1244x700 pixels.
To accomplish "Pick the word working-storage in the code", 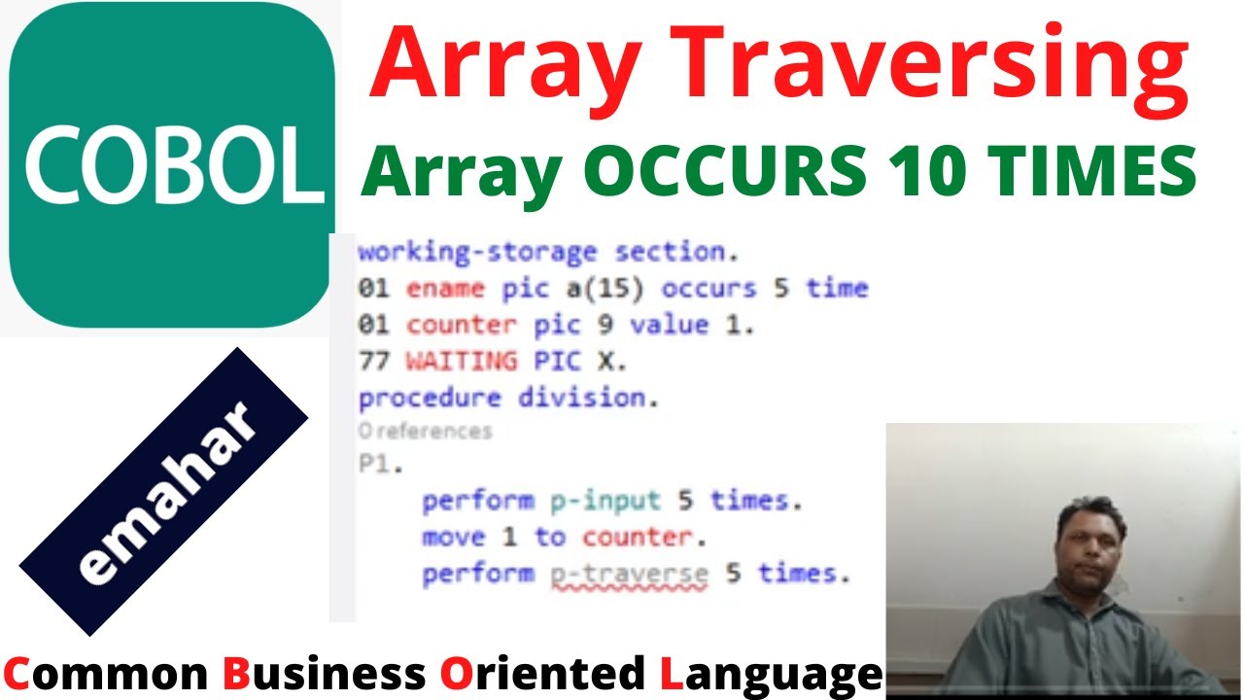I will click(476, 253).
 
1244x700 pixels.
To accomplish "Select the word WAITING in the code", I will click(462, 362).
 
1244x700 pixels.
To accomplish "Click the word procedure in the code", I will click(429, 398).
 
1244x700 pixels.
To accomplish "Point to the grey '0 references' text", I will click(425, 431).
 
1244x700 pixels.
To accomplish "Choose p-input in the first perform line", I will click(605, 501).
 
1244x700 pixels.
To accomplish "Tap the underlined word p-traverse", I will click(629, 574).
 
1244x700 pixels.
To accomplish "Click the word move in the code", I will click(453, 537).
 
